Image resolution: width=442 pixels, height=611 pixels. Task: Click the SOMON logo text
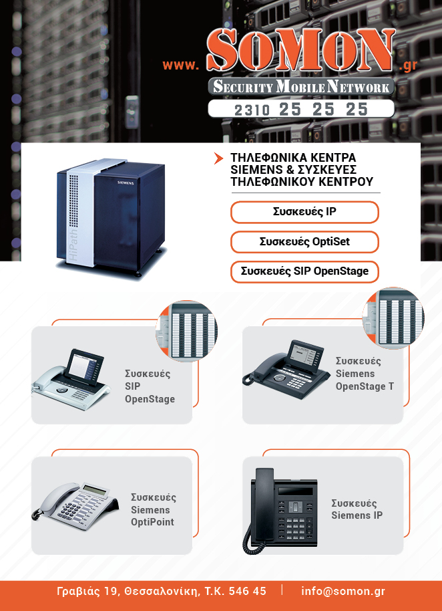click(x=300, y=50)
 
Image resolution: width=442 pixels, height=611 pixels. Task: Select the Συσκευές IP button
click(x=304, y=212)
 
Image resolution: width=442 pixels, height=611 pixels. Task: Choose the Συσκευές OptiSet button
click(x=304, y=241)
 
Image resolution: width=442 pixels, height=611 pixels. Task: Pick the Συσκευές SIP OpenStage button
click(x=304, y=271)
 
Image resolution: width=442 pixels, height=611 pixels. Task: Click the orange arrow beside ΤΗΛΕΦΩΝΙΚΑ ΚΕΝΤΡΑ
click(x=219, y=158)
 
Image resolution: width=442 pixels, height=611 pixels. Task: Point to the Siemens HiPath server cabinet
click(x=111, y=217)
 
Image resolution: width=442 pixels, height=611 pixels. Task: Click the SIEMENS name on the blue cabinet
click(x=126, y=182)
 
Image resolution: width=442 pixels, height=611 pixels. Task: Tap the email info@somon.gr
click(x=343, y=591)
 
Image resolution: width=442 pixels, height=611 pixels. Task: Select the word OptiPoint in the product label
click(x=152, y=522)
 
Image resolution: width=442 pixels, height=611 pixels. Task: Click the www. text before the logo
click(x=180, y=65)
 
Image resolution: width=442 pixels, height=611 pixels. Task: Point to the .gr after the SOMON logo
click(x=408, y=66)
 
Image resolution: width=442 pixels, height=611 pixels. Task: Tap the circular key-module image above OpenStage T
click(x=393, y=318)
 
